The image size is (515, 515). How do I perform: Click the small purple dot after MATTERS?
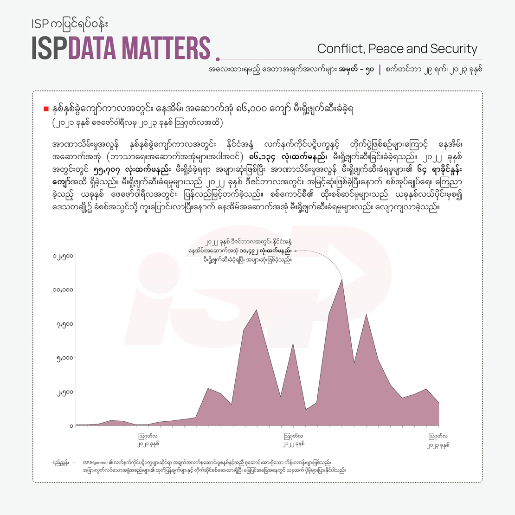tap(218, 59)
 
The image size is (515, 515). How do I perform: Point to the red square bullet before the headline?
tap(46, 109)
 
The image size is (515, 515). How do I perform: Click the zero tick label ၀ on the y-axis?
tap(71, 425)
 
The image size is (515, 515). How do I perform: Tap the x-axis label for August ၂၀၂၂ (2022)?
tap(293, 440)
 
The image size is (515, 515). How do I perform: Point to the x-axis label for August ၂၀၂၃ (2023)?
tap(438, 440)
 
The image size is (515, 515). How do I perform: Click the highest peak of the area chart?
tap(342, 279)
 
